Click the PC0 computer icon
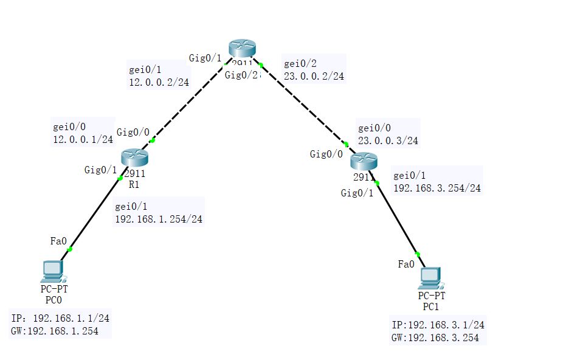pos(52,270)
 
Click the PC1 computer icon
pos(430,277)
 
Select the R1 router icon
pos(134,158)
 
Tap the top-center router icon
pos(243,49)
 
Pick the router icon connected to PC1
pos(364,162)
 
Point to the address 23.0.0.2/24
pos(314,77)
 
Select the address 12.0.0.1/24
pos(83,139)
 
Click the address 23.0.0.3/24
pos(388,140)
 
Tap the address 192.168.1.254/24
pos(159,219)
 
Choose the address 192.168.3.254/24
pos(437,188)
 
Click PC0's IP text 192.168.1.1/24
pos(60,318)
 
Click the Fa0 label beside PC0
pos(58,241)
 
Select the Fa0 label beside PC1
pos(406,264)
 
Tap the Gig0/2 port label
pos(241,75)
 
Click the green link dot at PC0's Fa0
pos(70,249)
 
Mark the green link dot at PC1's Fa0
pos(418,254)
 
